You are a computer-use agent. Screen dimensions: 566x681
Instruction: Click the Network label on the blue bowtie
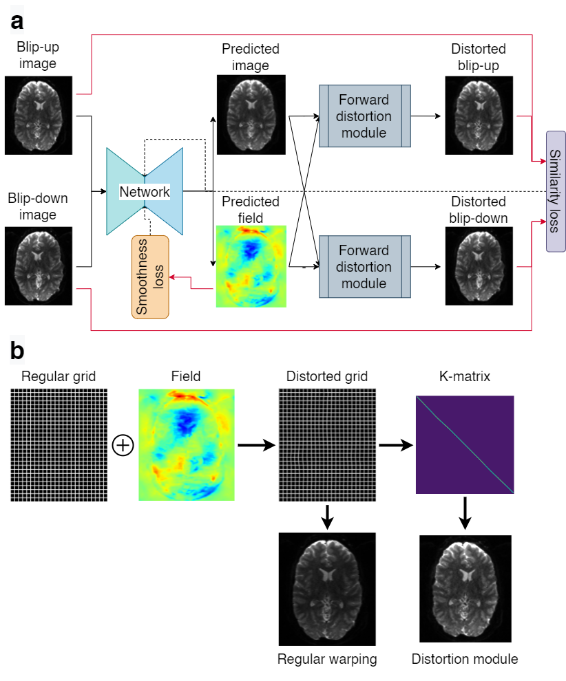pyautogui.click(x=145, y=191)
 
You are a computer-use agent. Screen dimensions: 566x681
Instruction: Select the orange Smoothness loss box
pyautogui.click(x=150, y=277)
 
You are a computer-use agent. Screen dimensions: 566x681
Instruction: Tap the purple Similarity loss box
pyautogui.click(x=556, y=191)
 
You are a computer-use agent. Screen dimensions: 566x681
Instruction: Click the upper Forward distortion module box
pyautogui.click(x=365, y=116)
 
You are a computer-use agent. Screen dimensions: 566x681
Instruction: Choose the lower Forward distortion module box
pyautogui.click(x=365, y=267)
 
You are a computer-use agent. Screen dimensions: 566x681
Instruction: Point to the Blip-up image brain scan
pyautogui.click(x=39, y=115)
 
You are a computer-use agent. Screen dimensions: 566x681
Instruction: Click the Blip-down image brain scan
pyautogui.click(x=39, y=266)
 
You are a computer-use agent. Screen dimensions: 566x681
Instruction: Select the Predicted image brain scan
pyautogui.click(x=251, y=115)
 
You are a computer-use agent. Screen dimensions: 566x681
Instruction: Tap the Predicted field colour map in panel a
pyautogui.click(x=251, y=266)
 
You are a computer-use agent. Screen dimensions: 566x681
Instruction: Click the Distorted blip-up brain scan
pyautogui.click(x=479, y=116)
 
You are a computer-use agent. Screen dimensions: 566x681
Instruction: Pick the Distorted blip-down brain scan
pyautogui.click(x=479, y=266)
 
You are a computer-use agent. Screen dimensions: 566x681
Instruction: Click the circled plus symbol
pyautogui.click(x=123, y=445)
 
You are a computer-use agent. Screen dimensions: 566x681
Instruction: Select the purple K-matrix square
pyautogui.click(x=465, y=444)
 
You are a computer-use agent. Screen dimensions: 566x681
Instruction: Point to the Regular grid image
pyautogui.click(x=59, y=445)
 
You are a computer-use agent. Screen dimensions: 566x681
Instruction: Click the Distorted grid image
pyautogui.click(x=327, y=445)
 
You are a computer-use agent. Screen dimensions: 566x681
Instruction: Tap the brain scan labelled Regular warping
pyautogui.click(x=327, y=589)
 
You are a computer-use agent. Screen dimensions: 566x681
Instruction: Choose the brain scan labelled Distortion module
pyautogui.click(x=465, y=589)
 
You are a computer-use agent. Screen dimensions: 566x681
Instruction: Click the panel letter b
pyautogui.click(x=17, y=351)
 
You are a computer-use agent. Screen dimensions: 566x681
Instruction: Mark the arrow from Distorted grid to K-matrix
pyautogui.click(x=396, y=445)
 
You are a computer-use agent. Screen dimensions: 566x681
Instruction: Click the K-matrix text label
pyautogui.click(x=465, y=376)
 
